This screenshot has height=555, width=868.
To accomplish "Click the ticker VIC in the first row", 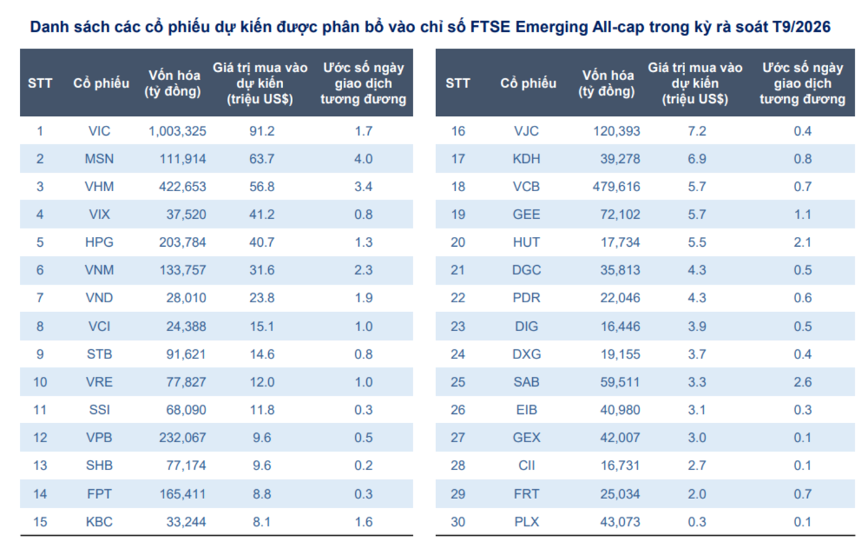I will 99,131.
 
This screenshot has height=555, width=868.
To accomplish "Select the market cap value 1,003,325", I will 177,131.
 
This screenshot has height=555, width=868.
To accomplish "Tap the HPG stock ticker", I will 99,242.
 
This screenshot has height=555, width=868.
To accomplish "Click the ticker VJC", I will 526,131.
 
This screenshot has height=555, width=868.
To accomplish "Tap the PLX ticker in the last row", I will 526,521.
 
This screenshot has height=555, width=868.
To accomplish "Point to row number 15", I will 40,521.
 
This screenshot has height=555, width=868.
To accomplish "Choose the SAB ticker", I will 526,382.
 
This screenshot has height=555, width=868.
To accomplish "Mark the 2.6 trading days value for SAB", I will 802,382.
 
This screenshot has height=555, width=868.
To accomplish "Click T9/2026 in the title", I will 801,27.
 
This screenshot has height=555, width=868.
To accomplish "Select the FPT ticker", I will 99,493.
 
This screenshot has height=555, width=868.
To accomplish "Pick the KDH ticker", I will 526,159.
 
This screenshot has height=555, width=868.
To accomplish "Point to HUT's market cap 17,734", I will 618,242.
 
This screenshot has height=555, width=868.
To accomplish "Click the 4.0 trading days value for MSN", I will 363,159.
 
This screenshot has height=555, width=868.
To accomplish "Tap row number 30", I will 458,521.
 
